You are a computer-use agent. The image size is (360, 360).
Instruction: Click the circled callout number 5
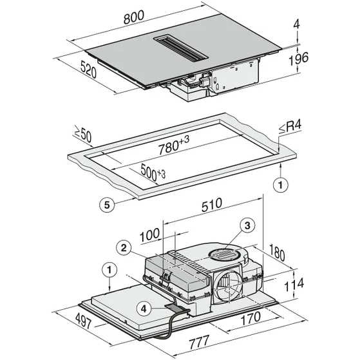pos(109,204)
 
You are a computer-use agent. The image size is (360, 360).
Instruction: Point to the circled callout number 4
pos(146,308)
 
